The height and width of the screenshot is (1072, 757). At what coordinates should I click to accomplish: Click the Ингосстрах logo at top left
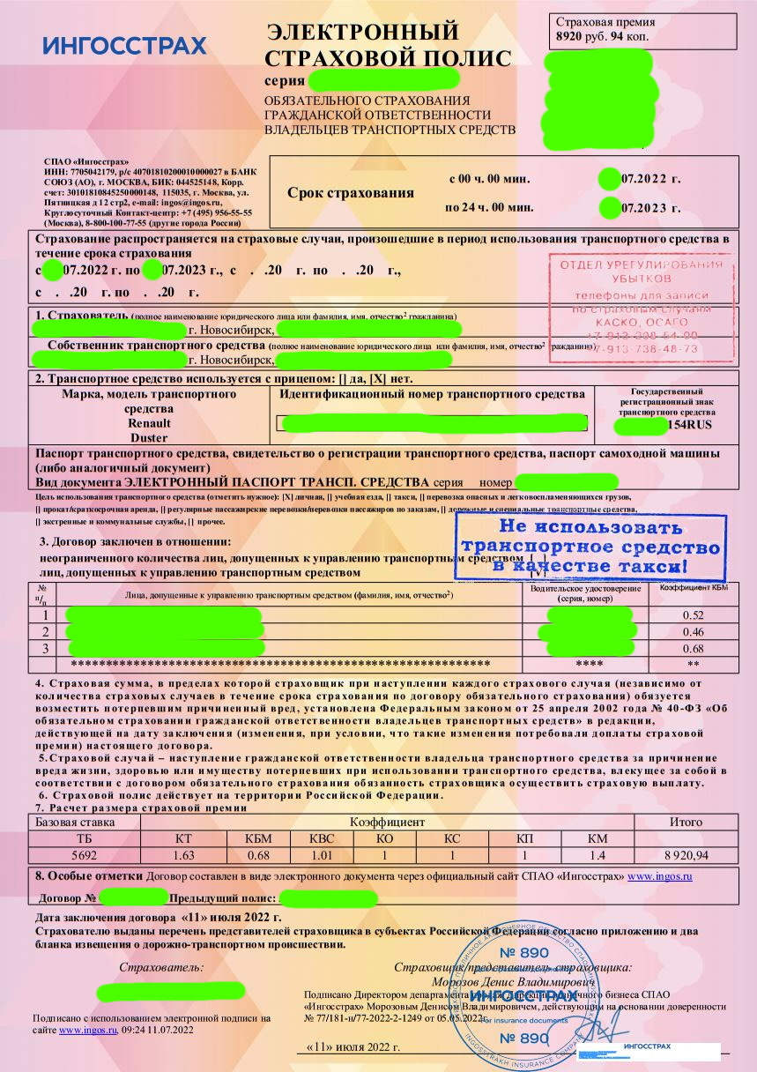[x=124, y=46]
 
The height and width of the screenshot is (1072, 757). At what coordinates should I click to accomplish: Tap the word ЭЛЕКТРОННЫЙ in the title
[x=362, y=33]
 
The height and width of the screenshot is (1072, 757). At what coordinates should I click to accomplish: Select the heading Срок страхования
[x=350, y=193]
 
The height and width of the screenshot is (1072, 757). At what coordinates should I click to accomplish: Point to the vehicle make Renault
[x=149, y=422]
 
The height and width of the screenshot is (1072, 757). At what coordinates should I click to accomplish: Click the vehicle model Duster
[x=149, y=437]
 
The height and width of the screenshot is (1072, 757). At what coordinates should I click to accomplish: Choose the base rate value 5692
[x=84, y=854]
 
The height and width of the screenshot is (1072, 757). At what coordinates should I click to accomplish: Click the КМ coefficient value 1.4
[x=597, y=854]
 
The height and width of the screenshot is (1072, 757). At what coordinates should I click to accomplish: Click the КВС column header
[x=322, y=837]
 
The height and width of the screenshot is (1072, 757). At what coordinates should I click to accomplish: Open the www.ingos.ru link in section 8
[x=659, y=876]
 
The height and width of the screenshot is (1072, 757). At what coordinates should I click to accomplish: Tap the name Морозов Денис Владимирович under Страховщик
[x=513, y=981]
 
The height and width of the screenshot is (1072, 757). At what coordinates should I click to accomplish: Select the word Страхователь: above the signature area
[x=161, y=967]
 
